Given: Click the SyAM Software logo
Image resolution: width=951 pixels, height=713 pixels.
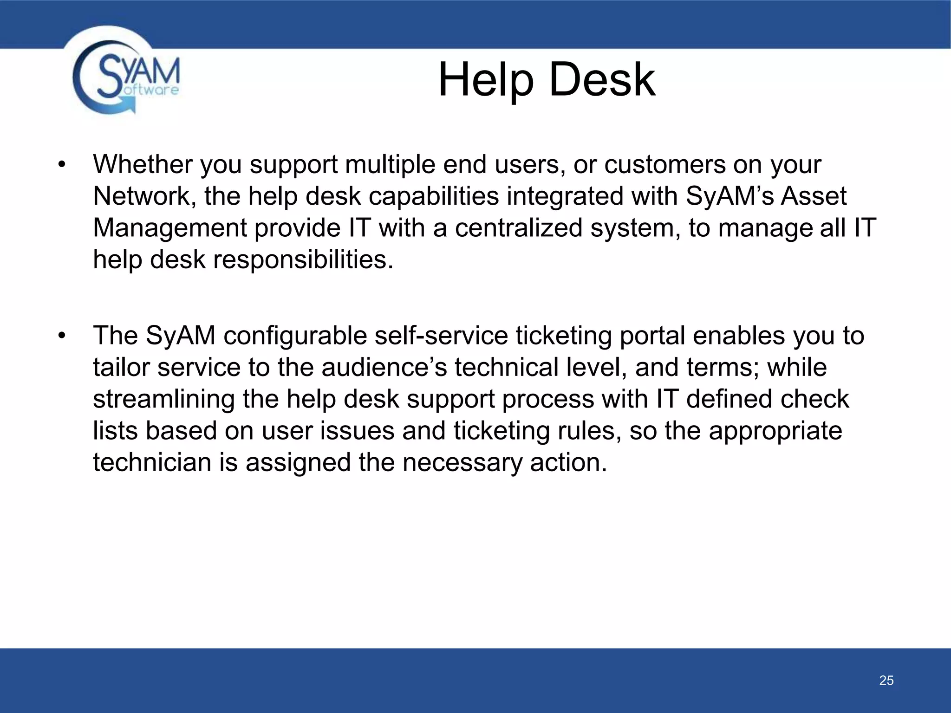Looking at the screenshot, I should (x=125, y=77).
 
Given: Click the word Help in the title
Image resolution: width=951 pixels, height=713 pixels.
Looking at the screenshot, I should (x=486, y=80).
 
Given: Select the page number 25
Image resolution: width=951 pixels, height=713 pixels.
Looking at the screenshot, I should (x=886, y=681).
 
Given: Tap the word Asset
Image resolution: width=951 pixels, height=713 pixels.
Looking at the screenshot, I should (x=814, y=196).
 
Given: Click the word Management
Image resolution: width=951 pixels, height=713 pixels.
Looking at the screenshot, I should (x=170, y=228).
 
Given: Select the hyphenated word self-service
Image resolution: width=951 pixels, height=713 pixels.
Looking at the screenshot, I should (x=441, y=336).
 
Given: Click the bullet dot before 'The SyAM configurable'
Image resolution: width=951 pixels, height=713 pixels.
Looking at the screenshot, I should (x=62, y=336).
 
